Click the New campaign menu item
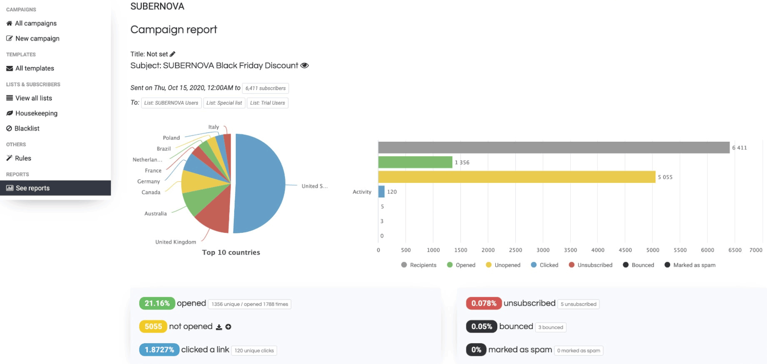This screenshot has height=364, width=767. pos(33,38)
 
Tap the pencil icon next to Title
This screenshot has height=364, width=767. pos(172,54)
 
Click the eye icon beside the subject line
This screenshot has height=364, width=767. pos(304,66)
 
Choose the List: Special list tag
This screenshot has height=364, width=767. pos(224,103)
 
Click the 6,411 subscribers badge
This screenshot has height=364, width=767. pos(266,88)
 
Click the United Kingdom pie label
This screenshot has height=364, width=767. pos(176,242)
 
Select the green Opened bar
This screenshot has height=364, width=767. pos(415,162)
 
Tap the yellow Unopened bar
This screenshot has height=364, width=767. pos(516,177)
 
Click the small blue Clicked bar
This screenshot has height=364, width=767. pos(381,191)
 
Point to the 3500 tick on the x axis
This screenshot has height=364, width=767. pos(570,250)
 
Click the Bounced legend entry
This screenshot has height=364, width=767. pos(638,265)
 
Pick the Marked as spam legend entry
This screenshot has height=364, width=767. pos(690,265)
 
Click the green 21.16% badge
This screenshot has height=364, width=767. pos(157,303)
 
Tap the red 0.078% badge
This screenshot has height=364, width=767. pos(483,303)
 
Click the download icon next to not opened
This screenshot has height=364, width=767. pos(219,327)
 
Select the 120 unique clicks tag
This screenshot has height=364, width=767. pos(254,351)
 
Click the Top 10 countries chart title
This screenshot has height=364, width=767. pos(231,252)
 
